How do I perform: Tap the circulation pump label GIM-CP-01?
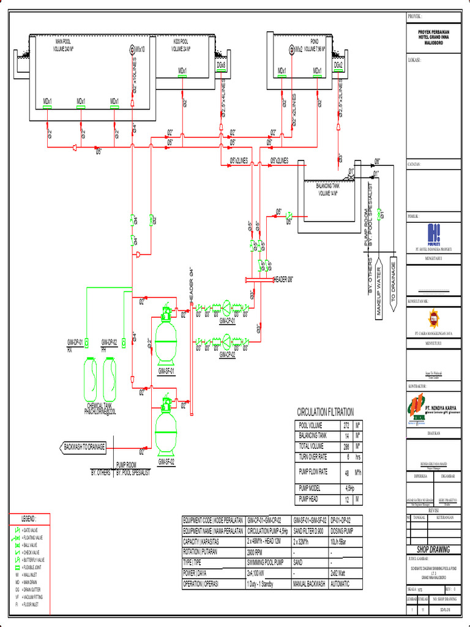(x=226, y=320)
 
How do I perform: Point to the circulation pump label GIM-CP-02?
(x=226, y=354)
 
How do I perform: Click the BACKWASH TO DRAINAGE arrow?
(x=83, y=447)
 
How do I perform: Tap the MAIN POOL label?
(x=63, y=42)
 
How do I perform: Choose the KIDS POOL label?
(x=180, y=42)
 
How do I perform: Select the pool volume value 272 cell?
(x=347, y=425)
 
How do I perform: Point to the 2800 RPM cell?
(x=257, y=552)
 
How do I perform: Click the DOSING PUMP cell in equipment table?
(x=341, y=531)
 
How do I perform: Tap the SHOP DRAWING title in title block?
(x=433, y=549)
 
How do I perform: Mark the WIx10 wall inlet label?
(x=140, y=49)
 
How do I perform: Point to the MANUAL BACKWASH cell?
(x=308, y=584)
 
